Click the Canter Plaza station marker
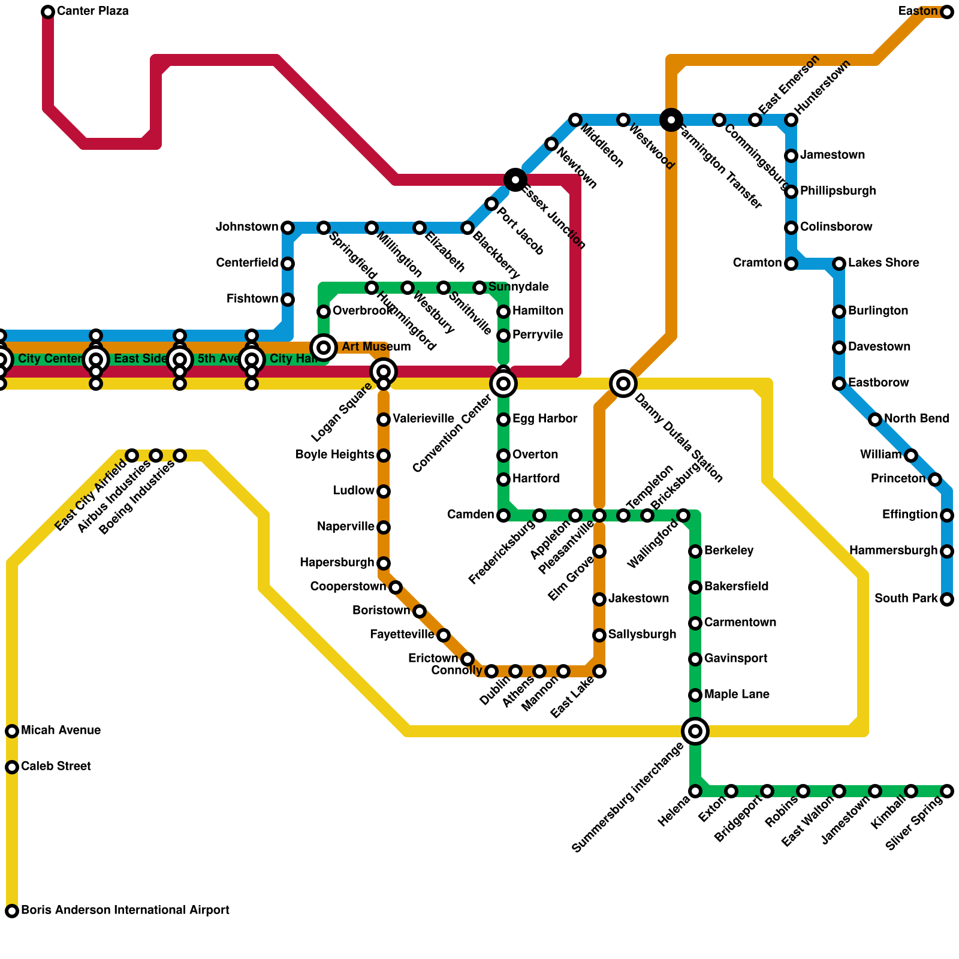point(48,12)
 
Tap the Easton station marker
point(947,12)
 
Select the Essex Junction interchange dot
point(515,179)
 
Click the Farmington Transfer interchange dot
point(671,120)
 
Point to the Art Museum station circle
point(324,347)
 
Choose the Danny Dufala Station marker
point(623,383)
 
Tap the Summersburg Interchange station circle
point(695,731)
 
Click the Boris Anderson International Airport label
point(125,910)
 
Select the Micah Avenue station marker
point(12,731)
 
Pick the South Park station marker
point(947,599)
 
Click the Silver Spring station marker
point(947,791)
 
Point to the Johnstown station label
point(247,227)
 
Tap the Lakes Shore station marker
point(839,263)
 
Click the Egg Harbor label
point(545,418)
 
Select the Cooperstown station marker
point(396,587)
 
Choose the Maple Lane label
point(737,695)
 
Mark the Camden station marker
point(503,515)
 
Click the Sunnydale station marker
point(479,288)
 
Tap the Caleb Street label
point(56,767)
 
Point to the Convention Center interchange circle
point(503,383)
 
